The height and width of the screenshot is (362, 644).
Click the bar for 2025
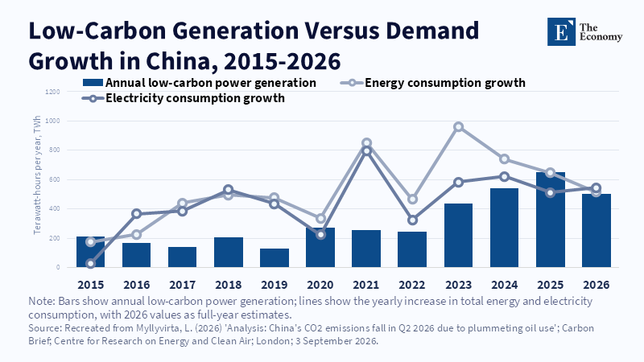[551, 220]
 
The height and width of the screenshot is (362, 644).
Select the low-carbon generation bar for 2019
[275, 257]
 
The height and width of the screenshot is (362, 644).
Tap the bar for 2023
[458, 235]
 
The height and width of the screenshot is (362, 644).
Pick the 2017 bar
[183, 257]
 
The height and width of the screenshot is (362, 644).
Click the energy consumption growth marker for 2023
[458, 127]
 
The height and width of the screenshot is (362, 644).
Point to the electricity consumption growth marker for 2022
[412, 220]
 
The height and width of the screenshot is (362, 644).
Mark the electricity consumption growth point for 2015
[91, 263]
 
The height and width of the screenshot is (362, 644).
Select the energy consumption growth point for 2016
[136, 234]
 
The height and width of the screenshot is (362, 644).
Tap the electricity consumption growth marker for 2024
[505, 177]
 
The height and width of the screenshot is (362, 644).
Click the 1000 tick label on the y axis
[52, 121]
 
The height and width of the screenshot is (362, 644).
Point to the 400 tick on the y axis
[55, 209]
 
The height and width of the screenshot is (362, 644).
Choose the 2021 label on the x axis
[366, 285]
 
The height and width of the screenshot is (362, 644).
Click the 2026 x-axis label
[597, 285]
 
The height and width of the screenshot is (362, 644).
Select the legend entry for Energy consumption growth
[432, 83]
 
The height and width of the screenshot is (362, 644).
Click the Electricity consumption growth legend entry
[184, 98]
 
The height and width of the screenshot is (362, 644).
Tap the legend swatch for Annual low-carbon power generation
[93, 83]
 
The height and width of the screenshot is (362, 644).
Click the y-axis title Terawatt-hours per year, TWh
[37, 175]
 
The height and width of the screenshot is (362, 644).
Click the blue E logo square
[561, 31]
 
